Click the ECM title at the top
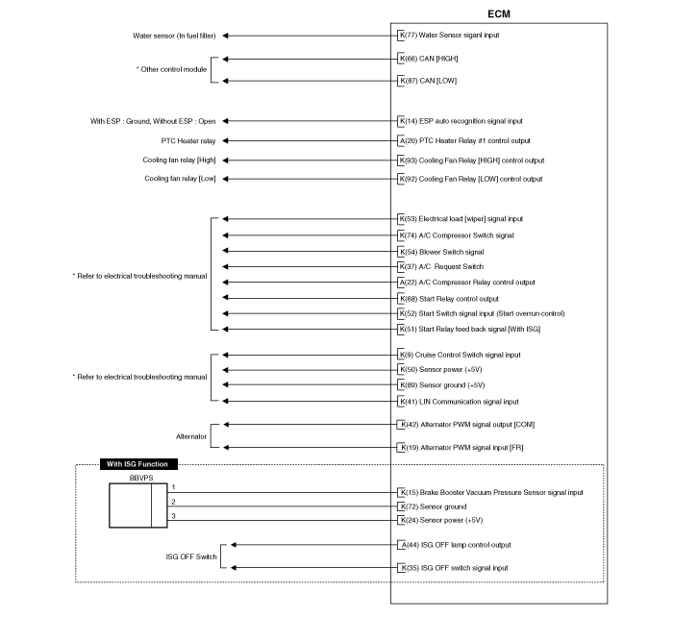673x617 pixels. click(499, 14)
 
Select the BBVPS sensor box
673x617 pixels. click(138, 506)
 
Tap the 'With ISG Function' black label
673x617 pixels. click(138, 464)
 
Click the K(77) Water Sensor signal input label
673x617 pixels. click(449, 36)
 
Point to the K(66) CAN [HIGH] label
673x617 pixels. click(429, 59)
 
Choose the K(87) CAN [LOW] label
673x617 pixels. click(428, 81)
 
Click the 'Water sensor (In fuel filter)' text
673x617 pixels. click(174, 36)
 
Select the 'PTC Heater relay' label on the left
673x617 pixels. click(188, 140)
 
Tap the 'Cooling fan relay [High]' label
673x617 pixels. click(180, 160)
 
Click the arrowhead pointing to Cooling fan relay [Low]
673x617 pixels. click(225, 179)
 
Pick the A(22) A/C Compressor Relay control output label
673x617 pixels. click(467, 283)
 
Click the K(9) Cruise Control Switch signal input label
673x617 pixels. click(460, 355)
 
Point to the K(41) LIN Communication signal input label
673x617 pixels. click(459, 402)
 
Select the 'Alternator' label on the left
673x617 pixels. click(191, 436)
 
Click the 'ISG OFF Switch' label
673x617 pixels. click(191, 556)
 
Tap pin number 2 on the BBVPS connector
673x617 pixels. click(173, 502)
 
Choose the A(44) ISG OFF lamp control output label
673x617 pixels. click(456, 545)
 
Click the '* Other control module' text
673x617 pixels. click(172, 69)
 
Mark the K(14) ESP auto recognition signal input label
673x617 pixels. click(461, 121)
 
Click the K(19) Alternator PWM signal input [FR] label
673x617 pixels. click(461, 448)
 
